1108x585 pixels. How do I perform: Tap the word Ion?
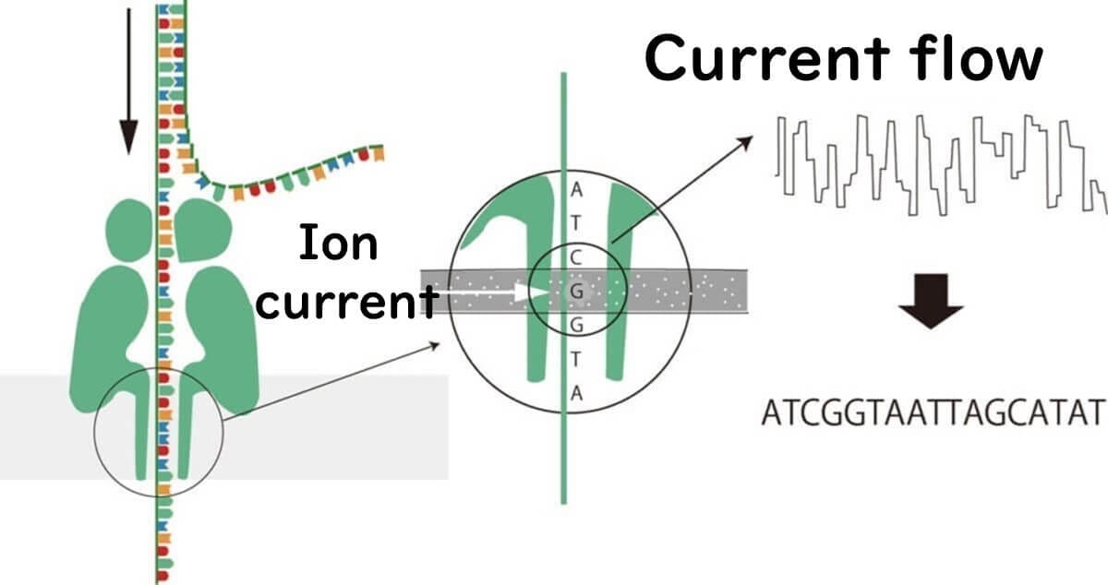coord(339,243)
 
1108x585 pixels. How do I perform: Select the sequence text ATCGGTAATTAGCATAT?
coord(933,412)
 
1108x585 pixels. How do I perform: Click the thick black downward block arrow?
coord(931,301)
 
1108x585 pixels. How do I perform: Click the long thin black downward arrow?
coord(128,81)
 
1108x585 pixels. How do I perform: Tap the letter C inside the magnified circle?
coord(576,257)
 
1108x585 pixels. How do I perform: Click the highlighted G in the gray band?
coord(576,292)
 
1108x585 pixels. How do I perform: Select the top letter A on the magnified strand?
coord(576,190)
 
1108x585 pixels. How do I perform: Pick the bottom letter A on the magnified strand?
coord(576,394)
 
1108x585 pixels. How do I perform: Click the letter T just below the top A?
coord(575,223)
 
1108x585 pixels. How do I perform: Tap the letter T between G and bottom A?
coord(575,360)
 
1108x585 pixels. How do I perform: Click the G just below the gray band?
coord(577,326)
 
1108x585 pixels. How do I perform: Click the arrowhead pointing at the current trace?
coord(745,142)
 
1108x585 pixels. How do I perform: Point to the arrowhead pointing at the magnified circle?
coord(434,345)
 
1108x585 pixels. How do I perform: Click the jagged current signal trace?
coord(941,166)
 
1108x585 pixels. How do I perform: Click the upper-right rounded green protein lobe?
coord(203,230)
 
